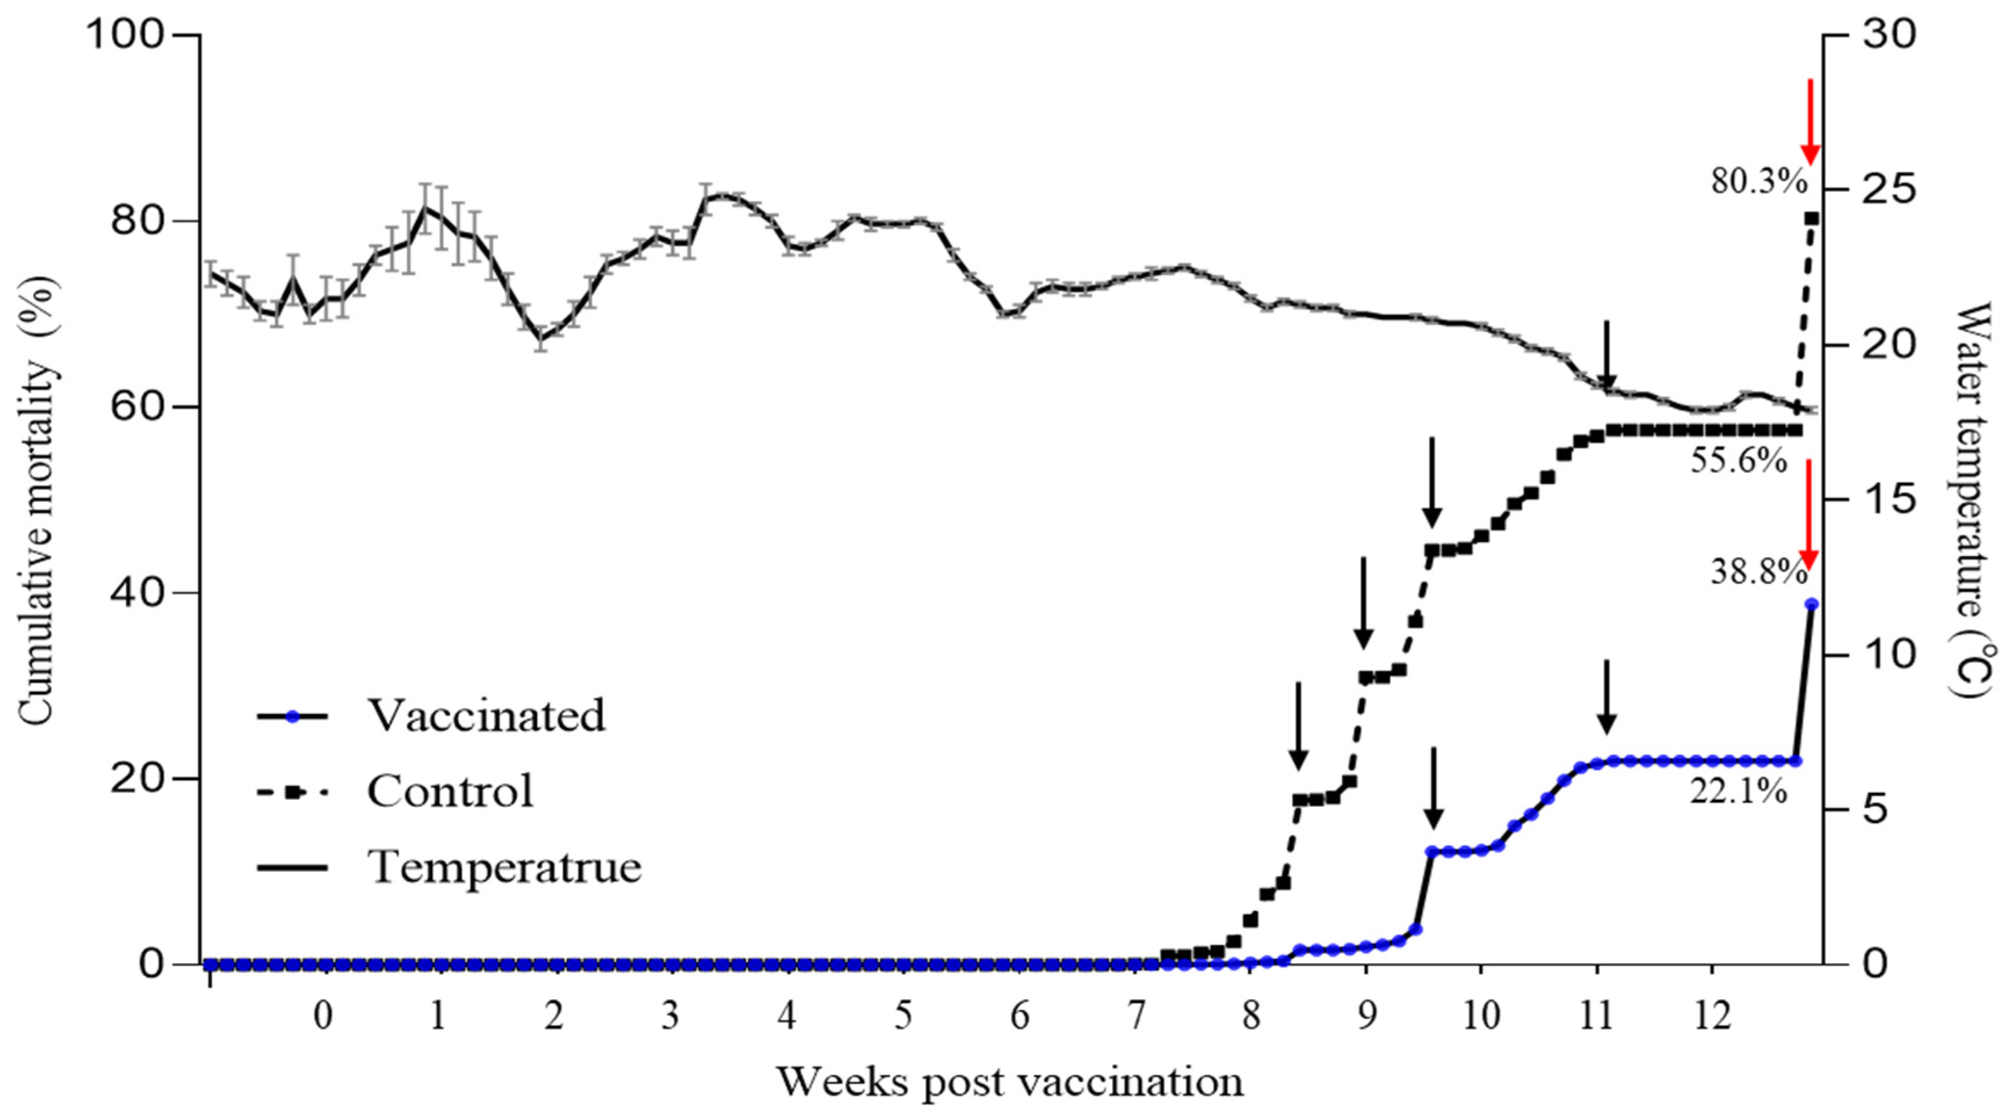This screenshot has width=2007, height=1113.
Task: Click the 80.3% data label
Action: (1759, 182)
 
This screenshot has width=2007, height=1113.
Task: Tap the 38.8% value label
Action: (1759, 573)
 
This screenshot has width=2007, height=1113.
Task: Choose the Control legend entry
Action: (450, 791)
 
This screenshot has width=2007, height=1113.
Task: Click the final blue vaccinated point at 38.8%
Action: (1812, 604)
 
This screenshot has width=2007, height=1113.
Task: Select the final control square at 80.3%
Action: (1812, 219)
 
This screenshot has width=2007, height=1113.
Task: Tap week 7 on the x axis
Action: (1135, 1016)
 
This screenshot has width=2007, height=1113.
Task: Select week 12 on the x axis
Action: (1712, 1016)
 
